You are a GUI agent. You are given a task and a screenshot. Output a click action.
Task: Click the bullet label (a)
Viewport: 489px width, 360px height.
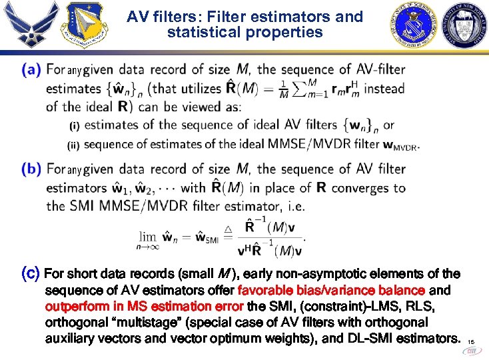(31, 69)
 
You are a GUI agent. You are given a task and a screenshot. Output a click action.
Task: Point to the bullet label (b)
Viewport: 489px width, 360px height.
(31, 169)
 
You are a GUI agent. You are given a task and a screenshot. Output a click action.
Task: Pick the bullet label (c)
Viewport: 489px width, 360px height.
(31, 273)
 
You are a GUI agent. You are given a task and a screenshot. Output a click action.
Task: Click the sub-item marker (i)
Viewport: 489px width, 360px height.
(75, 125)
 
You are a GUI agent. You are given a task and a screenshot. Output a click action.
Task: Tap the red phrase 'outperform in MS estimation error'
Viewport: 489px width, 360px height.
(145, 307)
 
